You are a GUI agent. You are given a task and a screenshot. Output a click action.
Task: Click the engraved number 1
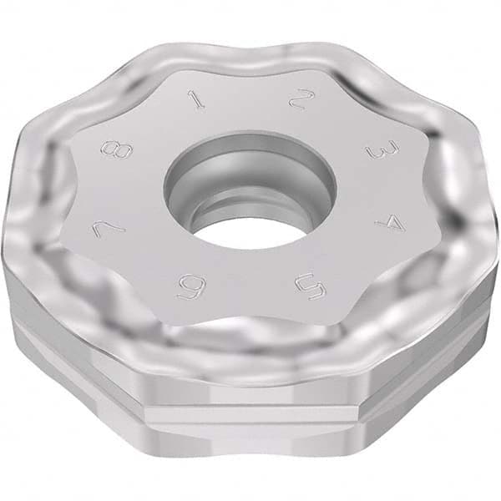[196, 101]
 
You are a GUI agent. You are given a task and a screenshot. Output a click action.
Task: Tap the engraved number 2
[297, 101]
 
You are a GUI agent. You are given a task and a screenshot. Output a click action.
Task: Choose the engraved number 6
[187, 288]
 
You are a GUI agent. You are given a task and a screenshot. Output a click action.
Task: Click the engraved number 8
[114, 151]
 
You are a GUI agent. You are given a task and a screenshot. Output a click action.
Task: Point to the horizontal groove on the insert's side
[250, 399]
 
